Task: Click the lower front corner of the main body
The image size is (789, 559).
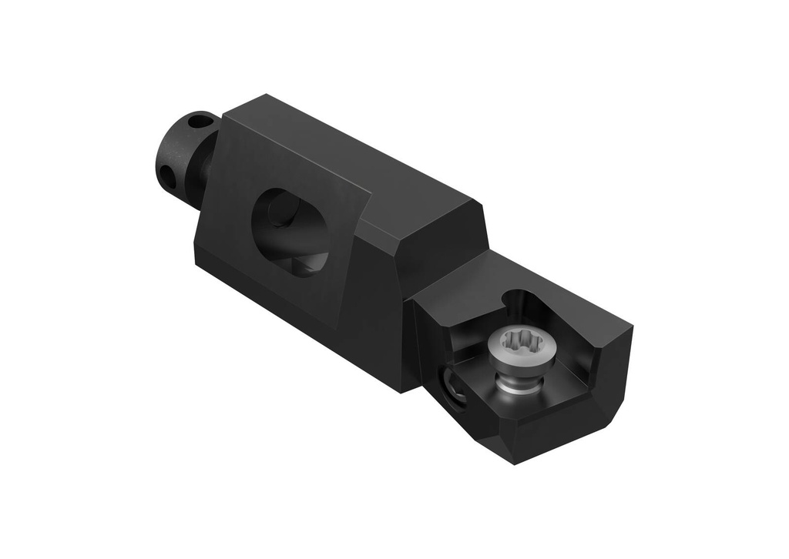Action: pyautogui.click(x=401, y=390)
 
